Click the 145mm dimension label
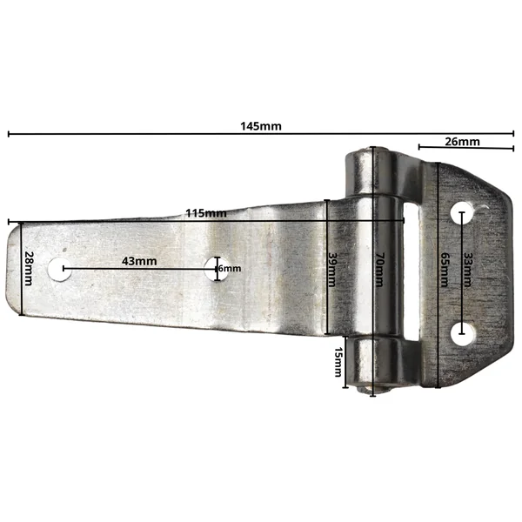point(261,126)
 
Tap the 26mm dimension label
point(463,142)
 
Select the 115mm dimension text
point(206,213)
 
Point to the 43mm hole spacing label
point(139,261)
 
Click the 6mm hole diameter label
point(230,268)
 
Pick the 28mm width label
point(30,268)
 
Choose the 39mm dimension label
point(332,270)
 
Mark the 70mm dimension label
point(380,270)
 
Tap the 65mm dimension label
point(445,270)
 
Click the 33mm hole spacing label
point(468,270)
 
